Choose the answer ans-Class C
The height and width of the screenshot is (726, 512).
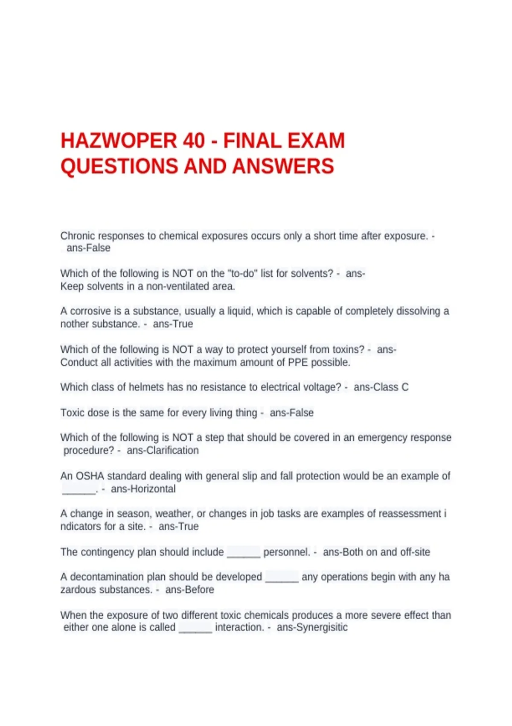[381, 387]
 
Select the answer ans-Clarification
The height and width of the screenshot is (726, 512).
[163, 450]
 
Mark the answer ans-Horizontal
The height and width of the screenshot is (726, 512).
[143, 489]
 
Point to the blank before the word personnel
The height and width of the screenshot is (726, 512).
[243, 553]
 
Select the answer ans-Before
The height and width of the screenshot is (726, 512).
[189, 589]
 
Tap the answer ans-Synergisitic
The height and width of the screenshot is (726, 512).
[312, 627]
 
